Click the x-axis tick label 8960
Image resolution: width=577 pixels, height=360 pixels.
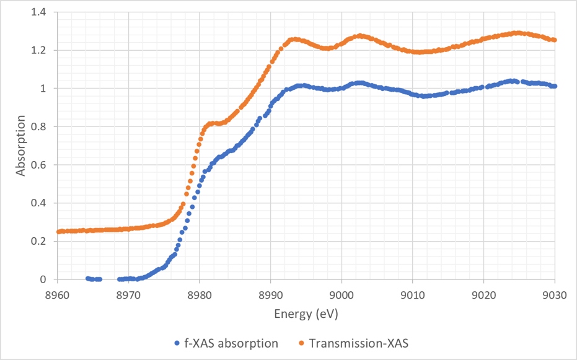click(57, 294)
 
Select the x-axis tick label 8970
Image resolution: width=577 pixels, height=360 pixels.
click(128, 294)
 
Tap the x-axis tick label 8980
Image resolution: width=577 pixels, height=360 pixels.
click(200, 294)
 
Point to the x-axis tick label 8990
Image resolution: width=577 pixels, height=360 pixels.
click(271, 294)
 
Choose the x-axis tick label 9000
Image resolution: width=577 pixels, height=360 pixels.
click(341, 294)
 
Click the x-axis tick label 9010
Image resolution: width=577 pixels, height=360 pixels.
click(413, 294)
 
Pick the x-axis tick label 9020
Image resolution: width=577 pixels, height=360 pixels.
click(484, 294)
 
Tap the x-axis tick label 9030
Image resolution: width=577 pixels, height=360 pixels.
click(555, 294)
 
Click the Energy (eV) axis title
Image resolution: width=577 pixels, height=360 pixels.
click(306, 314)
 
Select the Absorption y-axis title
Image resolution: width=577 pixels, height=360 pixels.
click(21, 145)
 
